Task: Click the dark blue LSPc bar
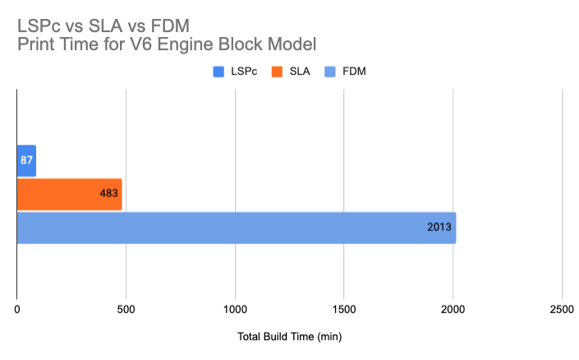tap(26, 160)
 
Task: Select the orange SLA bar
tap(69, 194)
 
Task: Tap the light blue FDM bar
tap(237, 228)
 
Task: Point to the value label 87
tap(26, 160)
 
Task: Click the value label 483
tap(111, 194)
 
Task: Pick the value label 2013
tap(439, 228)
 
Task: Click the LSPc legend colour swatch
tap(218, 72)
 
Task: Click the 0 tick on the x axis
tap(17, 310)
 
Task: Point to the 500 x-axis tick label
tap(126, 310)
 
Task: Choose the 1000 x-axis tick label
tap(235, 310)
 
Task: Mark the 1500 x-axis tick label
tap(344, 310)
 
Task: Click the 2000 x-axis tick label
tap(453, 310)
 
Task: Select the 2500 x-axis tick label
tap(562, 310)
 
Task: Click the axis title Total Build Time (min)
tap(289, 337)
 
